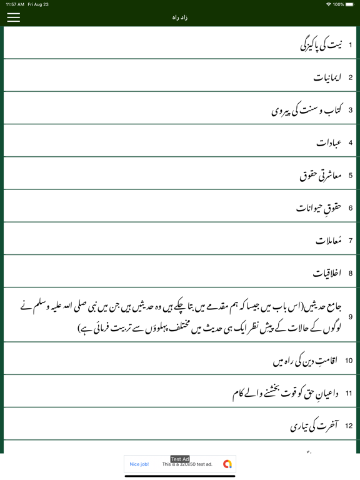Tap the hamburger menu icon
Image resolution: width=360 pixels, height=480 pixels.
[13, 17]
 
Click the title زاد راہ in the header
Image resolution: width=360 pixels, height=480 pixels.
[180, 17]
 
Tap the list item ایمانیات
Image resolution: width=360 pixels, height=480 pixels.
[327, 77]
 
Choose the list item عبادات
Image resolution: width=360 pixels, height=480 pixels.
[329, 142]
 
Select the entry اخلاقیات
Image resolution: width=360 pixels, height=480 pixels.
[328, 273]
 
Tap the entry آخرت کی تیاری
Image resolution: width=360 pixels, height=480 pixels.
[314, 426]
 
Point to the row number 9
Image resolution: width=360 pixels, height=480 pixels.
[351, 317]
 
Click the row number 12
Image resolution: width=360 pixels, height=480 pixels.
[349, 426]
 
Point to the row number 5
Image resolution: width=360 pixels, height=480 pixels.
[351, 176]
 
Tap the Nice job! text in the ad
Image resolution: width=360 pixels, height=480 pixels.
[139, 464]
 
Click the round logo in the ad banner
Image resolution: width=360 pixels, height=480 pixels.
[227, 464]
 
